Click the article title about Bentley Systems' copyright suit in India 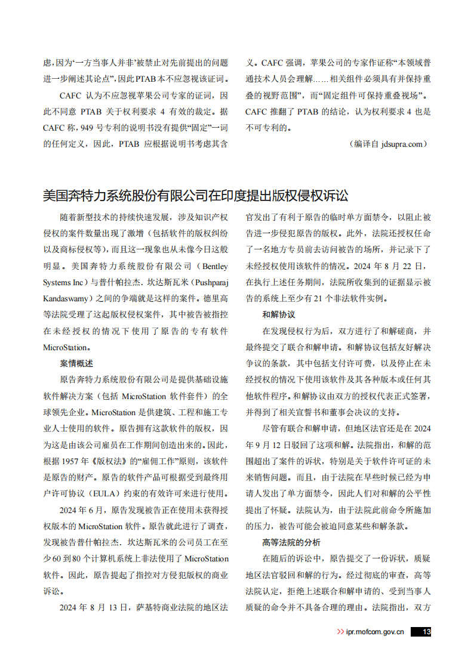(x=195, y=196)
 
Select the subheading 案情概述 (x=76, y=363)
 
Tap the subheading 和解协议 (x=279, y=314)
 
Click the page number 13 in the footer (x=426, y=632)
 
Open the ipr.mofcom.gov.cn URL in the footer (x=375, y=632)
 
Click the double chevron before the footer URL (x=340, y=632)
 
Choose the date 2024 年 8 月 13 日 (x=94, y=607)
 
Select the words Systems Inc (x=64, y=282)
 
